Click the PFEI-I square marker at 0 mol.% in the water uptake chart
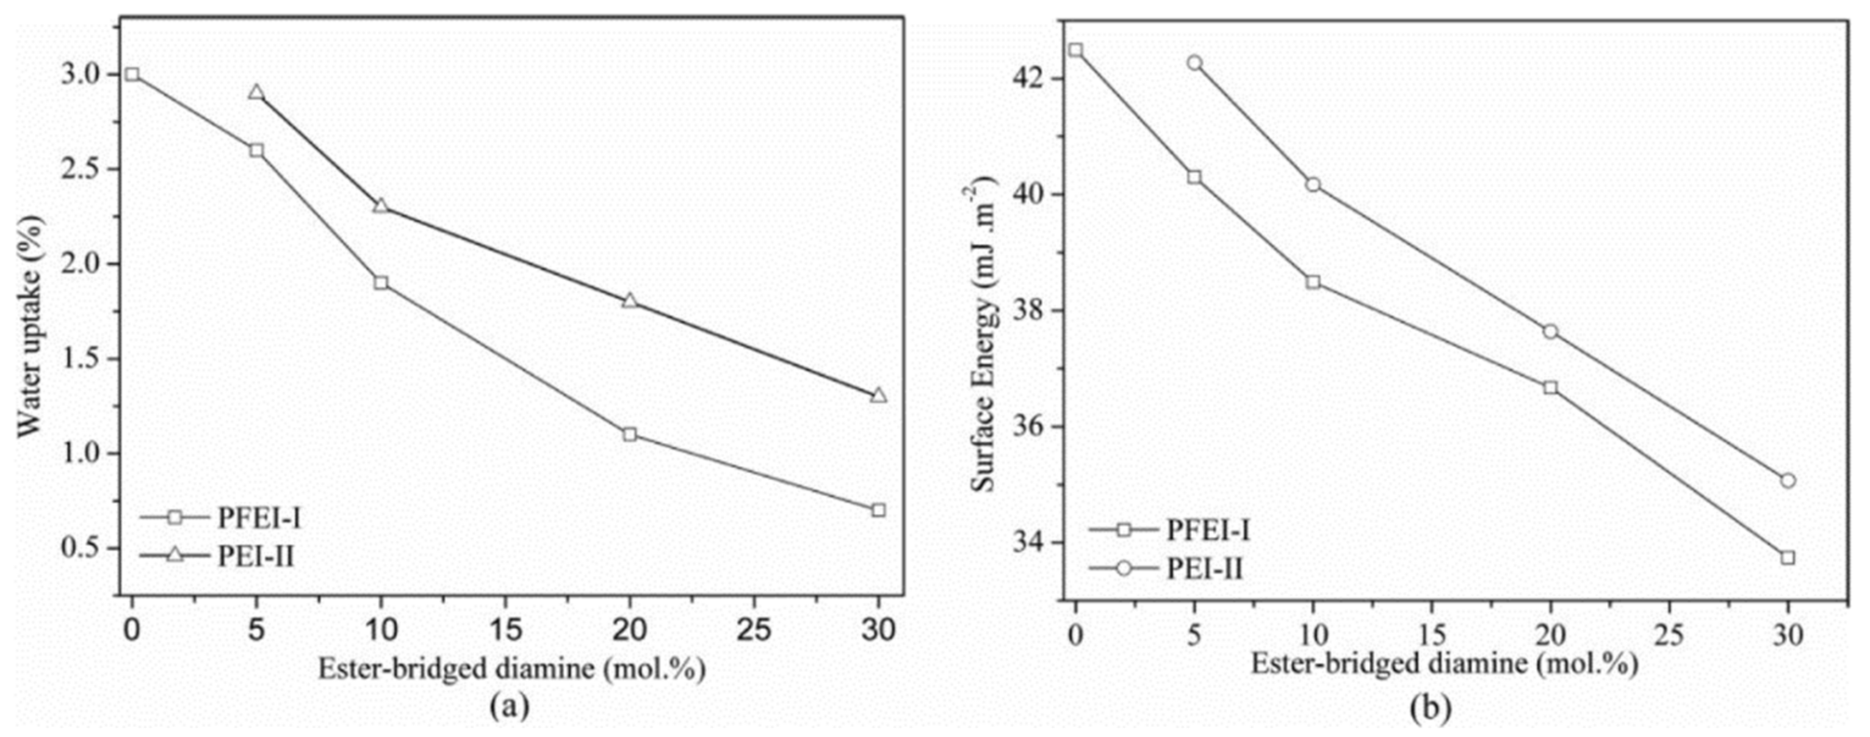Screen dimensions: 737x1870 pos(131,74)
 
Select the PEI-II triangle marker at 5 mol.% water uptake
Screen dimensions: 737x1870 pos(256,93)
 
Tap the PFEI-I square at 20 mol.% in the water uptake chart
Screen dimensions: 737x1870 pos(629,434)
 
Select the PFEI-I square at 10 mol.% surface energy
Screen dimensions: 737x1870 pos(1313,281)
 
